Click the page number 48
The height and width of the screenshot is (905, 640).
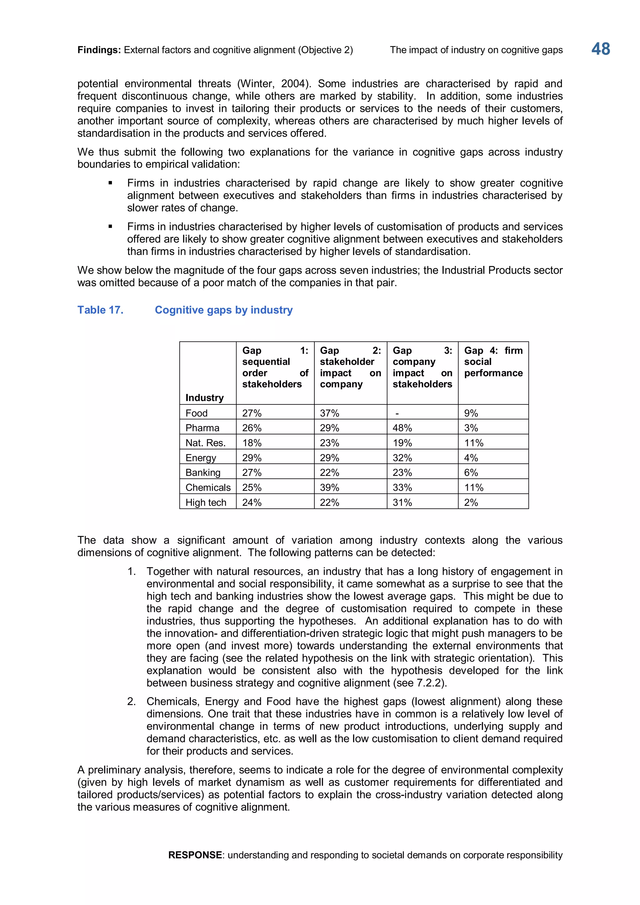point(601,49)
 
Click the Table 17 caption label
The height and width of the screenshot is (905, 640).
point(100,310)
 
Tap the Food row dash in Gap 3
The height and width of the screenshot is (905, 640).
point(397,413)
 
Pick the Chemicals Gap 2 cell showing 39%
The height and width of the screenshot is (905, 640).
point(329,487)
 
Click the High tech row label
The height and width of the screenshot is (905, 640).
point(206,502)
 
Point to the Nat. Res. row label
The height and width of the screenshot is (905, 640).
point(205,443)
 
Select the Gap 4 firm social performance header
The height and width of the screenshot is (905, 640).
point(493,362)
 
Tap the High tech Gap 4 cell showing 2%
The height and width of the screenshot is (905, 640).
point(471,502)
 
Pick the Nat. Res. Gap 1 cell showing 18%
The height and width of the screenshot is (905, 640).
point(252,443)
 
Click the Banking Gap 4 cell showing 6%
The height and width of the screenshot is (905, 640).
point(471,472)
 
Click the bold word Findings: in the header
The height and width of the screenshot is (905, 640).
point(99,50)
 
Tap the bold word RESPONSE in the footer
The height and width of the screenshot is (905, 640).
point(195,855)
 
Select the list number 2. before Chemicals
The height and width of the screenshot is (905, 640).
point(131,702)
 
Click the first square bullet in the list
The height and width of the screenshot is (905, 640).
point(110,183)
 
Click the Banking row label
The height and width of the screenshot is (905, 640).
point(202,472)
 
